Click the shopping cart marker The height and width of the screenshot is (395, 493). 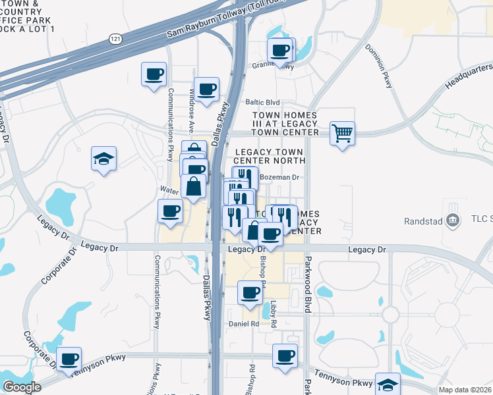(x=342, y=134)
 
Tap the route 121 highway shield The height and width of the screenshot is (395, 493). (x=115, y=39)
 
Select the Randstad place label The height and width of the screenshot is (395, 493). (x=424, y=221)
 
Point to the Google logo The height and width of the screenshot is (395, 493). (x=22, y=387)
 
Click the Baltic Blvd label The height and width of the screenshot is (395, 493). (x=263, y=103)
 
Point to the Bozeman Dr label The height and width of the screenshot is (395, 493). (x=279, y=177)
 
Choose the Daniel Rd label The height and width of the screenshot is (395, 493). (x=244, y=324)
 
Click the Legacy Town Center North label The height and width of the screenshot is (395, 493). (x=270, y=156)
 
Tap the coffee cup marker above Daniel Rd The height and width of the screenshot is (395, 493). (x=249, y=293)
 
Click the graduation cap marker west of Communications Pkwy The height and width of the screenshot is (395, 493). (x=103, y=159)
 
